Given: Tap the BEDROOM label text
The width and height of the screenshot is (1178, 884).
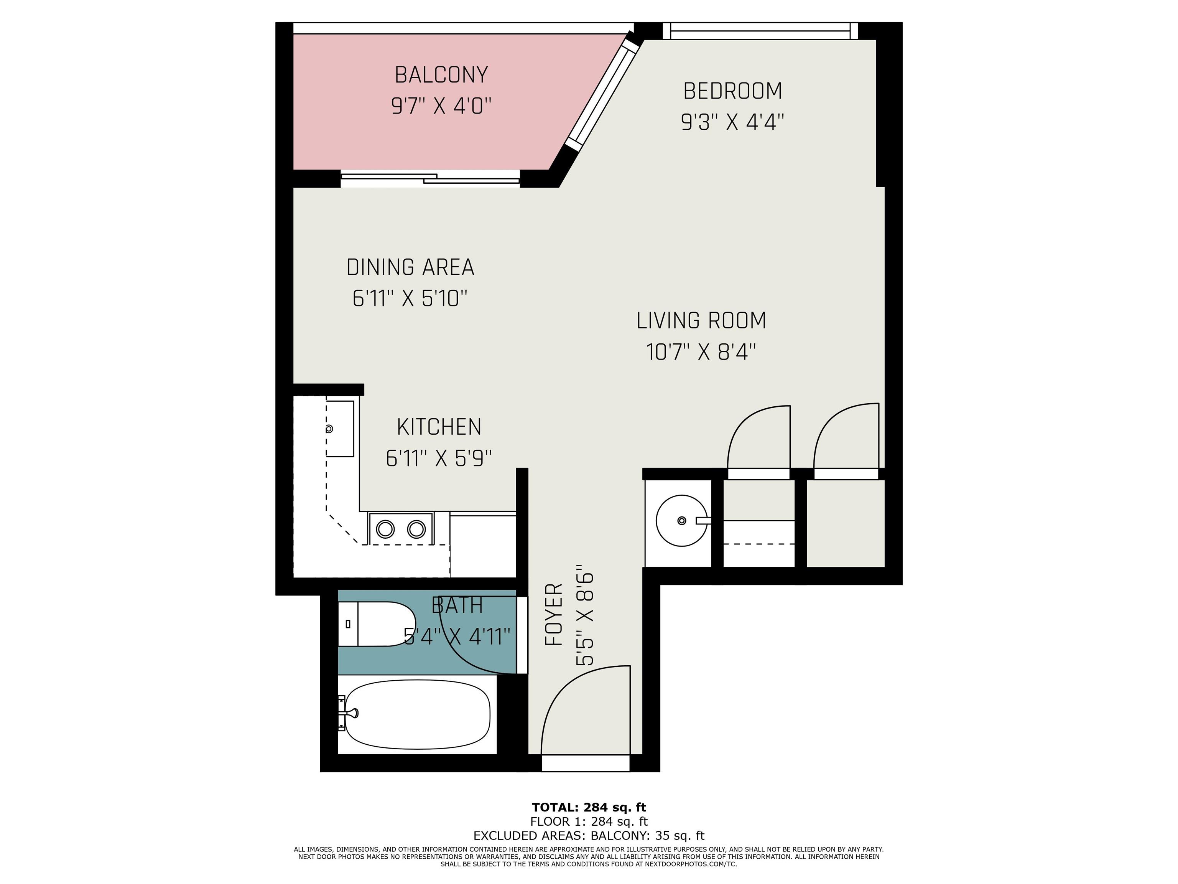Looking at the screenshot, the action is (733, 91).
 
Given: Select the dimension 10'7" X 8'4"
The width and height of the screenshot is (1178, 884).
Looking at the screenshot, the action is (701, 352).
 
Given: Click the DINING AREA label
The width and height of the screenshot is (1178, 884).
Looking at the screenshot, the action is (410, 267).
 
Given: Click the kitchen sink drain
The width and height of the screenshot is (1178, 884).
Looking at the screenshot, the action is (329, 429).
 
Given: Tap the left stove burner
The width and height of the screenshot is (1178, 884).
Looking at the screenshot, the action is (385, 529).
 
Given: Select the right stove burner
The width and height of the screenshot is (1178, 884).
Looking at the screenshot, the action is (416, 529).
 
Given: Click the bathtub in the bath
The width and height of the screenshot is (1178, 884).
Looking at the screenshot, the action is (418, 714).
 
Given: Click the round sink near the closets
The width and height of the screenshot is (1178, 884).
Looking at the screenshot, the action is (682, 521).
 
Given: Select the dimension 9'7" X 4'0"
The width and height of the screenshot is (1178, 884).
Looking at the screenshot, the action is (441, 106).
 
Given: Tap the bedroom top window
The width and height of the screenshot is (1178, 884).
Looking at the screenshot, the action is (760, 31).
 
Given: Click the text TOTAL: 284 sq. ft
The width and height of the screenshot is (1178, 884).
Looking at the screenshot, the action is (589, 807).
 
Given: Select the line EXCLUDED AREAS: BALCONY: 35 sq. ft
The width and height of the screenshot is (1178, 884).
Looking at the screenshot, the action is (589, 836).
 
